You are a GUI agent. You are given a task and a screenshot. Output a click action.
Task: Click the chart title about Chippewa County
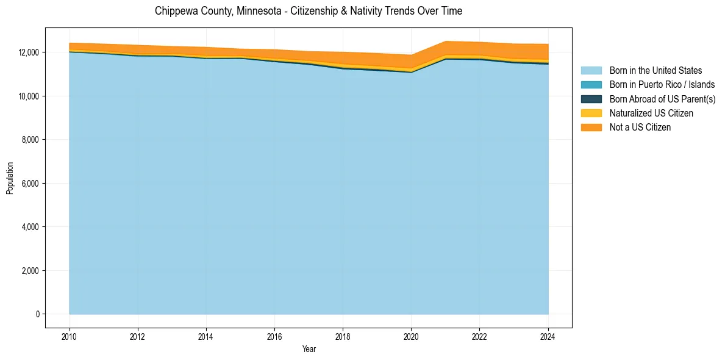pyautogui.click(x=308, y=11)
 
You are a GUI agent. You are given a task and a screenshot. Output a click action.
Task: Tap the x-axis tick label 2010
pyautogui.click(x=70, y=336)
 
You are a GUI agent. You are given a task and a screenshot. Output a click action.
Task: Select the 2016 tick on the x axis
pyautogui.click(x=274, y=336)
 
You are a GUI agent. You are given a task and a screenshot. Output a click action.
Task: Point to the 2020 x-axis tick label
pyautogui.click(x=411, y=336)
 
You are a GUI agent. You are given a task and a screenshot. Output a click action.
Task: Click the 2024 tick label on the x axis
pyautogui.click(x=548, y=336)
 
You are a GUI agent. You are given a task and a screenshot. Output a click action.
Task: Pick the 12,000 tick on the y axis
pyautogui.click(x=29, y=52)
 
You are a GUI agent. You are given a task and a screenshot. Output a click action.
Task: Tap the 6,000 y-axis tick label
pyautogui.click(x=30, y=184)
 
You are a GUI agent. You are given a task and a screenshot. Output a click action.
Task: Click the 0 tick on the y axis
pyautogui.click(x=38, y=314)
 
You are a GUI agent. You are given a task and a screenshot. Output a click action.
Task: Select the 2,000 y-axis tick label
pyautogui.click(x=30, y=271)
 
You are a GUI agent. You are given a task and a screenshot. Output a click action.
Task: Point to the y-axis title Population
pyautogui.click(x=10, y=178)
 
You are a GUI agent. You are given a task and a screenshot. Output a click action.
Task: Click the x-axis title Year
pyautogui.click(x=309, y=349)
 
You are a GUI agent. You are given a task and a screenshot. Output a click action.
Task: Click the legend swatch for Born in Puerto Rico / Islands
pyautogui.click(x=591, y=85)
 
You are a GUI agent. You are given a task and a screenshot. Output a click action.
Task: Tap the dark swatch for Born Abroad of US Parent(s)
pyautogui.click(x=591, y=99)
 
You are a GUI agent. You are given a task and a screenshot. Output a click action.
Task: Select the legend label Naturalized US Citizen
pyautogui.click(x=651, y=113)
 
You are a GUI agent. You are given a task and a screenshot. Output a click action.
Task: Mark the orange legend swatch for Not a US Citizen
pyautogui.click(x=591, y=128)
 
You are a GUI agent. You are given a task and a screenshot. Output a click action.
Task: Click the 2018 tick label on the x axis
pyautogui.click(x=343, y=336)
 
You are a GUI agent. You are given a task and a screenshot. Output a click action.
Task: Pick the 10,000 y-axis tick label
pyautogui.click(x=29, y=96)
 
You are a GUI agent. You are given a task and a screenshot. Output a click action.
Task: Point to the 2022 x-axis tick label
pyautogui.click(x=479, y=336)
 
